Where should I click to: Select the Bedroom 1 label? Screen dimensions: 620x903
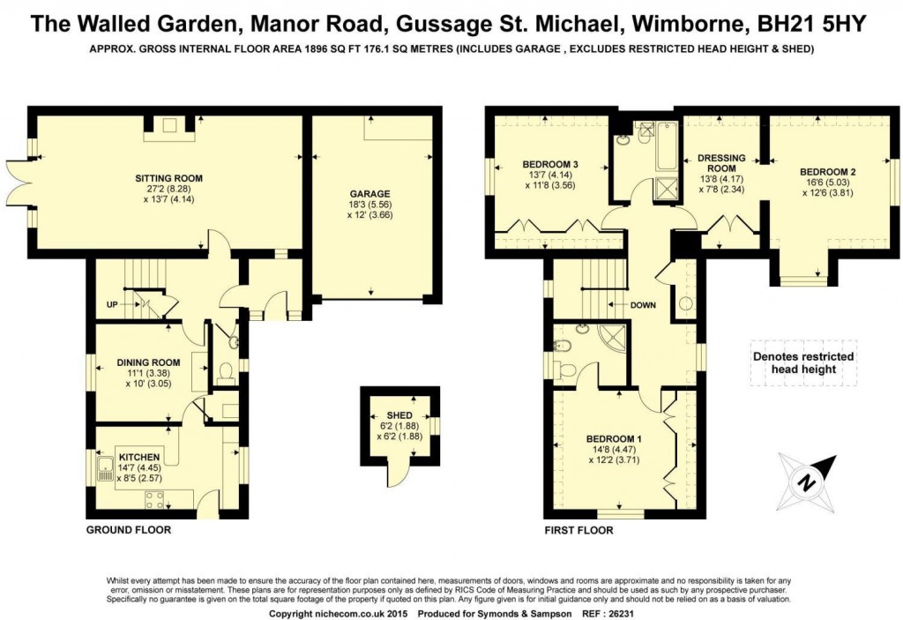click(614, 439)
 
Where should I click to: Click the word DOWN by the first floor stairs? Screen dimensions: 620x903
click(644, 305)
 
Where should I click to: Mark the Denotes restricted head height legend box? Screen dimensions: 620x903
click(802, 362)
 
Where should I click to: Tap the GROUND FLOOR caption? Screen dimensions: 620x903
click(128, 530)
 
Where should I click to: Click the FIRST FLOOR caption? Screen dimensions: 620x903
click(578, 530)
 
